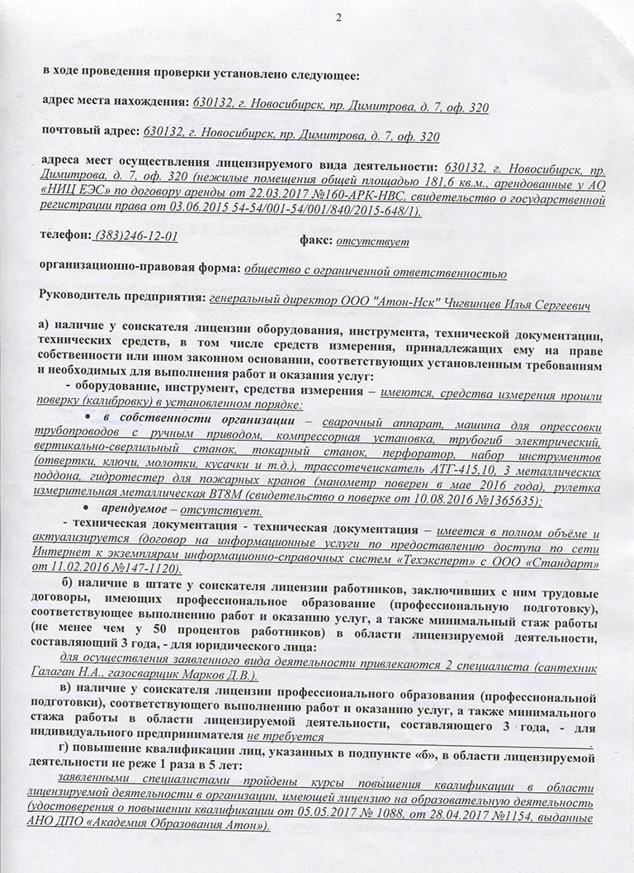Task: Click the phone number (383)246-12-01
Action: pos(137,235)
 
